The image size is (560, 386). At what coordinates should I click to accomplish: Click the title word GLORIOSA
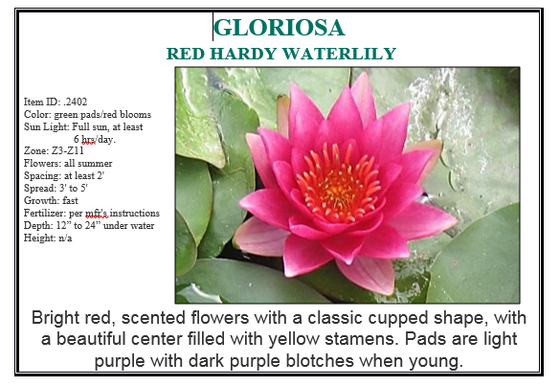point(279,28)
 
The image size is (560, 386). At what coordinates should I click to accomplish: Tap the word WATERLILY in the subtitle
point(339,54)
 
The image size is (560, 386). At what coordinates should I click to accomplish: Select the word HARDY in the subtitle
point(243,54)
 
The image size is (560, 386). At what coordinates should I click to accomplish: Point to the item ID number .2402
point(75,102)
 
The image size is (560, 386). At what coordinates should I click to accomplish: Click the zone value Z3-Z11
point(68,150)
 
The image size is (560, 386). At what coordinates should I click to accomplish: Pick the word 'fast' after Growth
point(70,200)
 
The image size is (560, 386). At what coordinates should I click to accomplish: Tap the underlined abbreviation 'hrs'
point(89,139)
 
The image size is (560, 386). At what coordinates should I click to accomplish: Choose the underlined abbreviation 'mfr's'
point(97,213)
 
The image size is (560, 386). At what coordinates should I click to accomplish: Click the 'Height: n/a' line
point(48,238)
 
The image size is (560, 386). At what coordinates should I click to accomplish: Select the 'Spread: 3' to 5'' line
point(56,188)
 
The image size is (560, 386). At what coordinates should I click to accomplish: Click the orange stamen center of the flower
point(338,183)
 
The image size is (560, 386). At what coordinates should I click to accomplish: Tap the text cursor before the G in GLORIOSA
point(213,27)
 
